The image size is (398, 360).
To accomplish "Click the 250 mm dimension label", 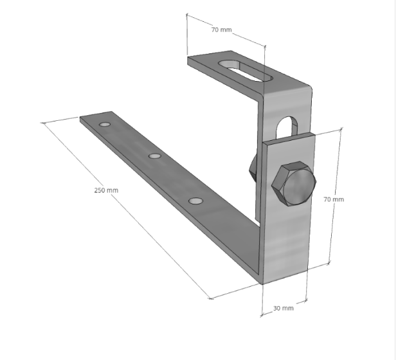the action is coord(106,190).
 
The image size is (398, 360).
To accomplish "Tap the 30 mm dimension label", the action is coord(284,308).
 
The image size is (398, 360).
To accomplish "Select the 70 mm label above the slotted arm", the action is coord(222,30).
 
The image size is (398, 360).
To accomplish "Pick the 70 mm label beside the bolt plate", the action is coord(334,199).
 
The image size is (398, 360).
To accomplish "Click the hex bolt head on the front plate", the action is coord(294,183).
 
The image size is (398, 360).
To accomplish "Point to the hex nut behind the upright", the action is coord(253,167).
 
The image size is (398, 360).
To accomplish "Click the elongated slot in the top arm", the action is coord(246,71).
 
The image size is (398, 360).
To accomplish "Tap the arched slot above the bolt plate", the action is coord(287,127).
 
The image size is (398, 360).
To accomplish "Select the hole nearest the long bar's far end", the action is coord(105,124).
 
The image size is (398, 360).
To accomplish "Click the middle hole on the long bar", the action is coord(154,156).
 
